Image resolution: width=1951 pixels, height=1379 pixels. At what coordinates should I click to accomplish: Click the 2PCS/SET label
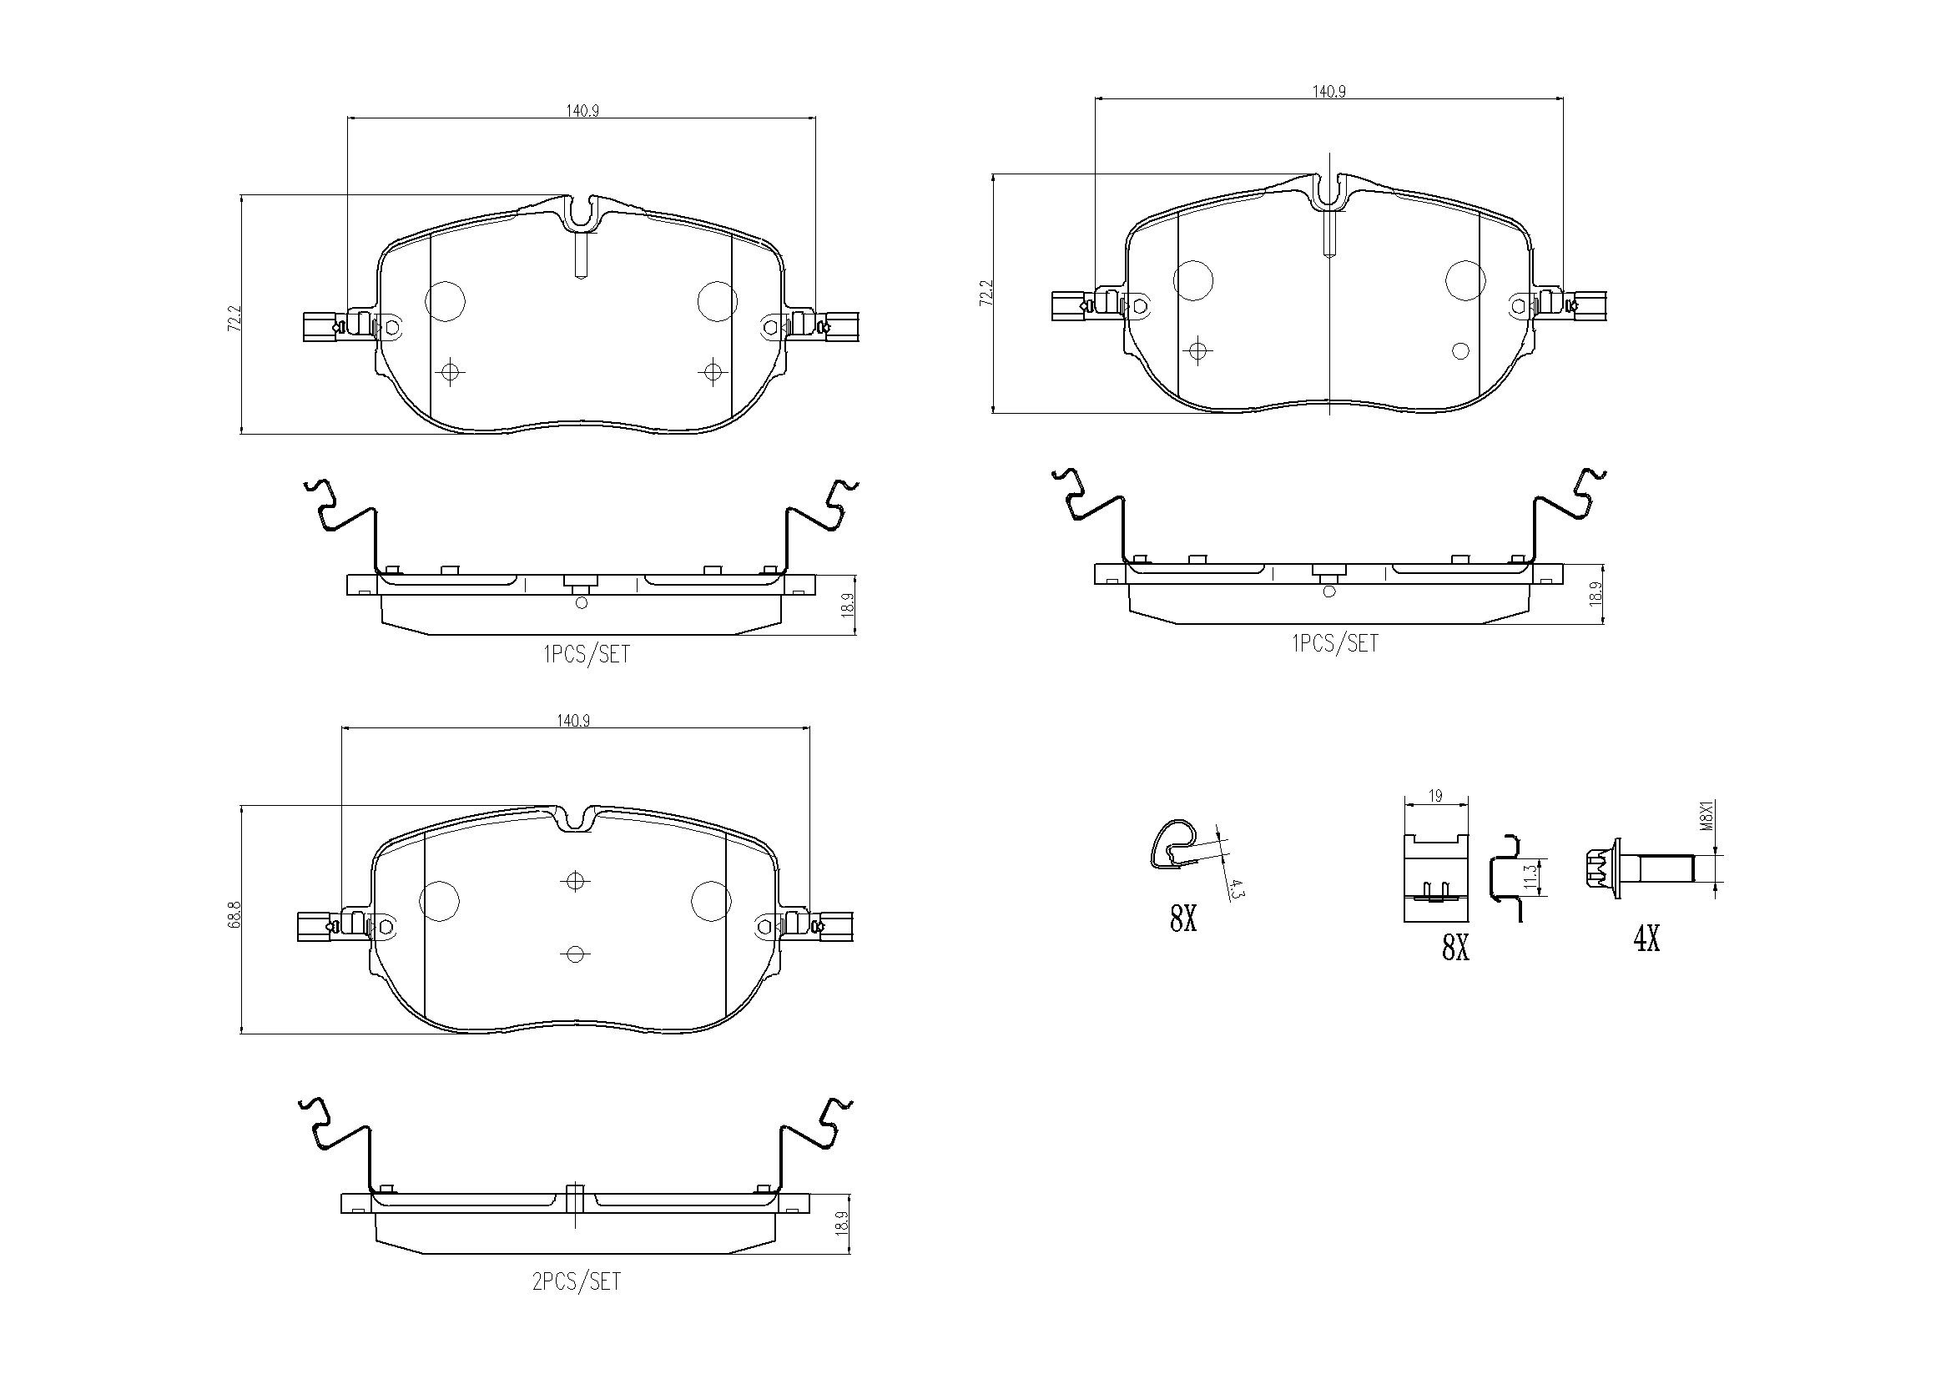click(576, 1282)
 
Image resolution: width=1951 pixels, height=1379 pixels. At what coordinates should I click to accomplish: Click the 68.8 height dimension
click(234, 918)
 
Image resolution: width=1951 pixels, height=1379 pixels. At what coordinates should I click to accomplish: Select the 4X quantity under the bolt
click(1646, 939)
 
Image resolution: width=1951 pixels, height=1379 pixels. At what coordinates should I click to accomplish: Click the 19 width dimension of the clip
click(1435, 796)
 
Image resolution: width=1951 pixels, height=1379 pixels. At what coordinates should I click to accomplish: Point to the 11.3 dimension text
click(1530, 877)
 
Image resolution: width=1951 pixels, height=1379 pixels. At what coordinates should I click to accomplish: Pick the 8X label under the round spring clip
click(1182, 919)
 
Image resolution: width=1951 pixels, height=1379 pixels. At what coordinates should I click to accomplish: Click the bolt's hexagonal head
click(1601, 870)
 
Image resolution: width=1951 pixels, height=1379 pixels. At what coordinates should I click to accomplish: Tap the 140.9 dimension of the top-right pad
click(1329, 92)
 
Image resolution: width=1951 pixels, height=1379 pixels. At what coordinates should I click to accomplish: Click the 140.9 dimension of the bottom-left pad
click(573, 721)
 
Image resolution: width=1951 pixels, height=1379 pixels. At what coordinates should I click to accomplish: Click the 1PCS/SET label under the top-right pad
click(1335, 644)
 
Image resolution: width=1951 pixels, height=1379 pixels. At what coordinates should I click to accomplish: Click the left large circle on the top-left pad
click(445, 301)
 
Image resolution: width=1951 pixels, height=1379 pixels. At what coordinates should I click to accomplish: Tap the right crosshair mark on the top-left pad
click(711, 371)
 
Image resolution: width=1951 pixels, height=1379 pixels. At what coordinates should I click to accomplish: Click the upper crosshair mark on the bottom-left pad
click(575, 881)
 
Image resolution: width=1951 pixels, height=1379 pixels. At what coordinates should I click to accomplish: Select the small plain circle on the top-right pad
click(1460, 350)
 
